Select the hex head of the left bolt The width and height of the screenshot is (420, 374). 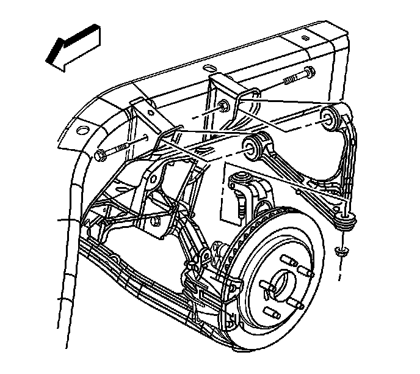(x=101, y=156)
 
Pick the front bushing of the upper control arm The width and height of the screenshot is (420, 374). (x=257, y=146)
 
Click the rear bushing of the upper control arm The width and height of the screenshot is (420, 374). (x=330, y=117)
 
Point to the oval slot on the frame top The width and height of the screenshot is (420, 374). (x=209, y=67)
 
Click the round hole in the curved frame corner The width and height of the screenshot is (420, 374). (x=79, y=130)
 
